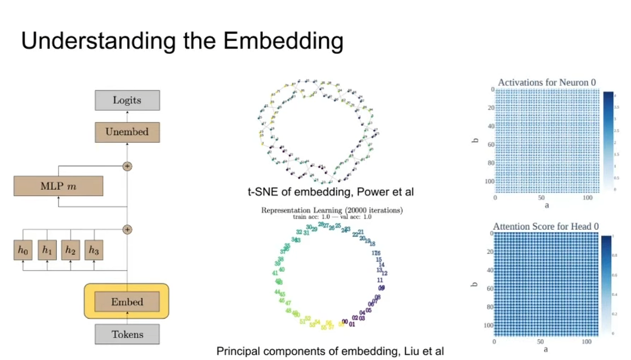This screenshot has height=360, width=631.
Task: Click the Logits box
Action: point(127,100)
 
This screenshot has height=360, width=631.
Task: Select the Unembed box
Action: point(127,132)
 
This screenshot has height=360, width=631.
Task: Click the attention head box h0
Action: point(23,250)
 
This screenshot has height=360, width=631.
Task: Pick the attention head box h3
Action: point(94,250)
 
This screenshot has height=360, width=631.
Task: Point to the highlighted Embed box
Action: point(127,302)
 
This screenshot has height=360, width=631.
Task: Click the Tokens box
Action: point(127,334)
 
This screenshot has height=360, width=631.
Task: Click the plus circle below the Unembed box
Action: point(127,166)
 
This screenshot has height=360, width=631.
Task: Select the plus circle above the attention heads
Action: point(127,229)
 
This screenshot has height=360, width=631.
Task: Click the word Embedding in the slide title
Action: point(283,41)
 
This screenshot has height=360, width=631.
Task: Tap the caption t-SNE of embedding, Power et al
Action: point(331,192)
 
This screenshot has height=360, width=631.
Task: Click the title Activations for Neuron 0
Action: point(545,82)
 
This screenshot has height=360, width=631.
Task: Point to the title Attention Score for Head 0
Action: point(545,227)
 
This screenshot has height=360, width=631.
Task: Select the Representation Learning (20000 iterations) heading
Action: point(332,210)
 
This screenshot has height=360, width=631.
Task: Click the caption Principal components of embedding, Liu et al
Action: point(334,351)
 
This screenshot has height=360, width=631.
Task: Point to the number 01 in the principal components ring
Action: point(352,324)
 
